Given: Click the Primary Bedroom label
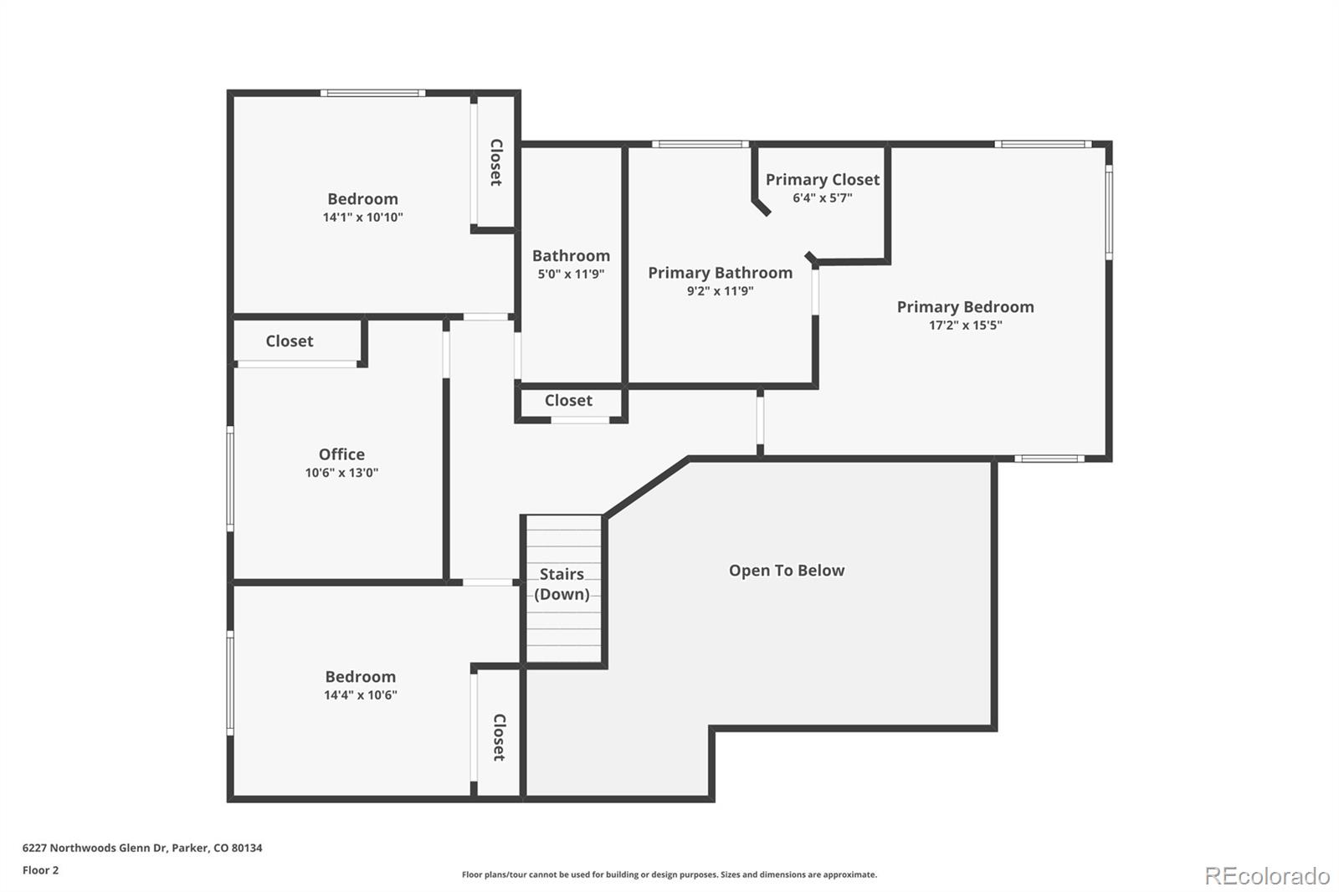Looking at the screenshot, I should point(965,307).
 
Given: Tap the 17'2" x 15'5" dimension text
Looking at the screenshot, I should point(965,326).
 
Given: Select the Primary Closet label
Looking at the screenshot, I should point(822,180).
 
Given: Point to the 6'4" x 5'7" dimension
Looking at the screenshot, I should point(822,198).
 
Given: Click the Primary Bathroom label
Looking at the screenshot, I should point(720,273).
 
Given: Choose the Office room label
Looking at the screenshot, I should point(341,454).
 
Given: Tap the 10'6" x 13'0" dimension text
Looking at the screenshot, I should point(341,473).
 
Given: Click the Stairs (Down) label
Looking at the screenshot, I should point(562,584).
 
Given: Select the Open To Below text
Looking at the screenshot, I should point(787,571).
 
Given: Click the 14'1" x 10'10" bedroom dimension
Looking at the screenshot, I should point(362,218).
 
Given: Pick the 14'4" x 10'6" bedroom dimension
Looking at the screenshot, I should point(360,695).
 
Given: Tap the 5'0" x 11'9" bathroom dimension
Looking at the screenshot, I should point(571,274).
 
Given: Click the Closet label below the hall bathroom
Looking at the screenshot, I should point(568,401).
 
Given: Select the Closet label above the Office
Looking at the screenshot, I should point(289,341).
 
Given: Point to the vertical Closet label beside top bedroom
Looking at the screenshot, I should point(496,162).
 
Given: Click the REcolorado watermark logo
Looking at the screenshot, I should point(1267,876).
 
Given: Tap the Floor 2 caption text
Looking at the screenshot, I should point(40,870).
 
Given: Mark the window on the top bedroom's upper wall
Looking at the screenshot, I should point(372,93).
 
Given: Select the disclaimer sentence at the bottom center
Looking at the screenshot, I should point(669,874).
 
